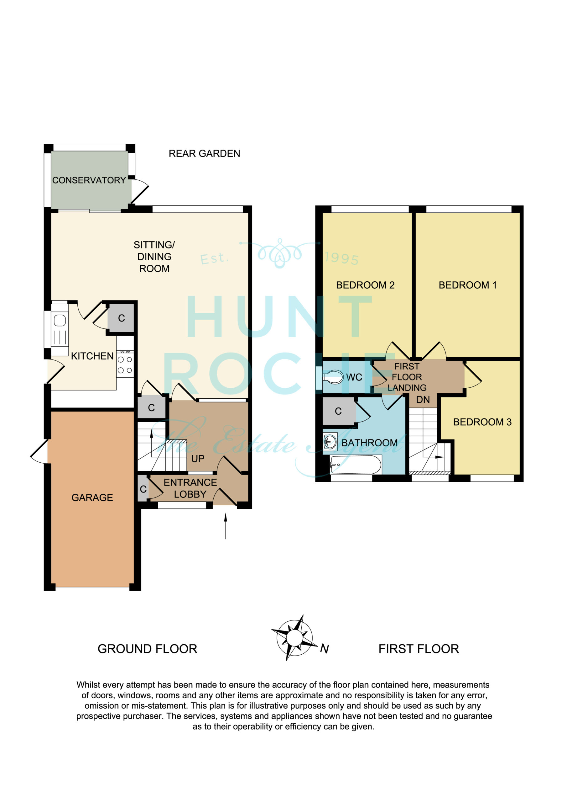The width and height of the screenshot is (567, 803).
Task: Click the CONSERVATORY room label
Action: tap(89, 180)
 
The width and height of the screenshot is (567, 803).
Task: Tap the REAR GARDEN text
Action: tap(204, 153)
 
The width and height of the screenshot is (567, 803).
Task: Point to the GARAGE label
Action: tap(92, 498)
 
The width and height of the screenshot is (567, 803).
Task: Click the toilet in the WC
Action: tap(333, 377)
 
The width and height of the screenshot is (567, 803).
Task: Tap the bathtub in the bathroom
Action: tap(356, 465)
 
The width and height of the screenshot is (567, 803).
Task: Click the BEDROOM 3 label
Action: tap(482, 422)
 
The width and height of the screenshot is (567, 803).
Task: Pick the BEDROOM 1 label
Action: tap(467, 285)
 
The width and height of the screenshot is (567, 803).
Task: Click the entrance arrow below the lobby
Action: tap(226, 526)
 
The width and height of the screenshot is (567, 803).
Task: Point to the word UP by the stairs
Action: tap(198, 459)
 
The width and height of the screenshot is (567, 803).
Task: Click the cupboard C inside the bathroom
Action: tap(338, 411)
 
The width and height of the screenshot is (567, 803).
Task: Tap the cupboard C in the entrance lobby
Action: tap(143, 489)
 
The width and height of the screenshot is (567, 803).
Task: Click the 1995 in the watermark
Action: tap(342, 258)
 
